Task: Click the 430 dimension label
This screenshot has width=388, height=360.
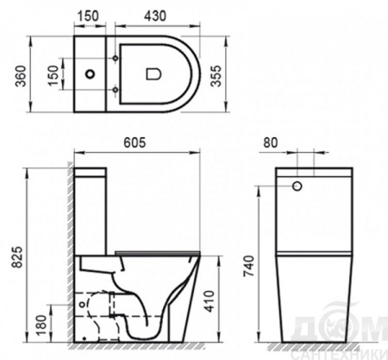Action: click(155, 16)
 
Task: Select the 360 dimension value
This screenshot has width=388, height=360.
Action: click(21, 76)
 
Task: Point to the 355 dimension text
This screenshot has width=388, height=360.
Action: click(216, 76)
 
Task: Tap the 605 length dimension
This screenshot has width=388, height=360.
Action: click(135, 142)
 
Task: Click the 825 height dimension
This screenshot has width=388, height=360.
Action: click(18, 257)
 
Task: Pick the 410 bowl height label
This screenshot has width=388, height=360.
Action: click(210, 301)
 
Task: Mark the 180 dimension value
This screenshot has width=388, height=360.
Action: click(41, 325)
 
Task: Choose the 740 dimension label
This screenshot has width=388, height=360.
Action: click(249, 266)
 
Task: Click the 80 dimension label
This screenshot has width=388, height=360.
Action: click(271, 142)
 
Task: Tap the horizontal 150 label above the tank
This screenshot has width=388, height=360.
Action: click(88, 16)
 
